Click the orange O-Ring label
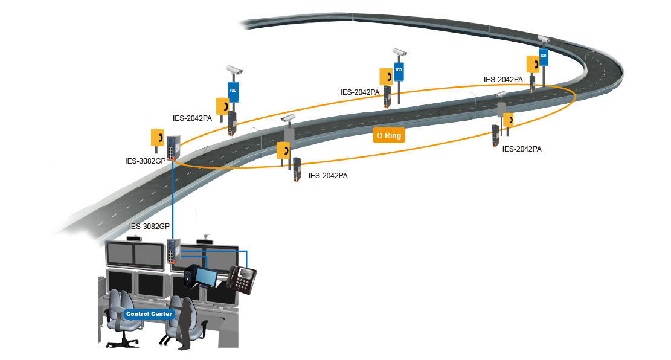tap(389, 136)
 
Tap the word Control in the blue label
tap(137, 314)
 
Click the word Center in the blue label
tap(162, 314)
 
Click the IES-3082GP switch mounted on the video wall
tap(173, 251)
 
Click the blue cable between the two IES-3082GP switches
tap(173, 199)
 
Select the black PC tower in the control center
tap(190, 277)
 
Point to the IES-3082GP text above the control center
tap(149, 227)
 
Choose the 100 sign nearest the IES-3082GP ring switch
tap(233, 91)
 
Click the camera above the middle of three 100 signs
tap(399, 52)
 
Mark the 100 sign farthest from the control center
tap(543, 57)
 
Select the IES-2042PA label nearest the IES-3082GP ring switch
tap(192, 118)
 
